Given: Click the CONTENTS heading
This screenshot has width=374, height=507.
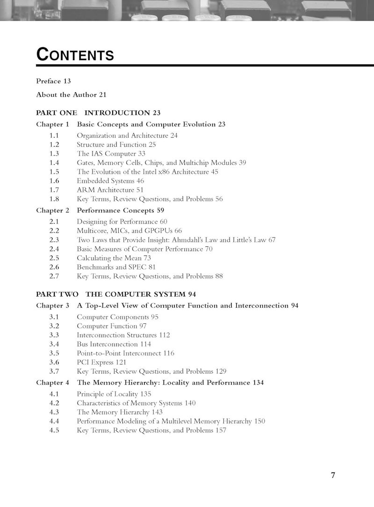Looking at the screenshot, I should (x=75, y=54).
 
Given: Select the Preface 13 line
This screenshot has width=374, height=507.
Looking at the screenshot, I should (x=53, y=81).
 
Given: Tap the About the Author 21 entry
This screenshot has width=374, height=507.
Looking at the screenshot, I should (x=72, y=94).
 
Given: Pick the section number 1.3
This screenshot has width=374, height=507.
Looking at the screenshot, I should (x=54, y=154).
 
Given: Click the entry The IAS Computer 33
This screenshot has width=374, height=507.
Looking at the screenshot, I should (x=111, y=154).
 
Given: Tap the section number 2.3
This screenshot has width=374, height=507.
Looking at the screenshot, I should (x=54, y=240).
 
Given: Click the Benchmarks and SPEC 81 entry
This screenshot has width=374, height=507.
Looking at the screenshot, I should (x=116, y=267).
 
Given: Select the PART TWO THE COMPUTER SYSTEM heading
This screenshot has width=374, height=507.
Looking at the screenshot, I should (x=115, y=294).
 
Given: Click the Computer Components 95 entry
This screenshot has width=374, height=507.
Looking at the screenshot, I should (x=117, y=317).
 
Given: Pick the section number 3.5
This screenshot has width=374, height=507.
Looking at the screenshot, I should (x=54, y=353).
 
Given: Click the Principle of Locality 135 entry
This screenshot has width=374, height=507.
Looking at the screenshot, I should (x=114, y=394).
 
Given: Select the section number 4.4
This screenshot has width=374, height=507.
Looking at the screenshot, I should (x=54, y=421).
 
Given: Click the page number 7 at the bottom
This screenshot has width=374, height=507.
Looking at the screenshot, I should (x=333, y=476).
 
